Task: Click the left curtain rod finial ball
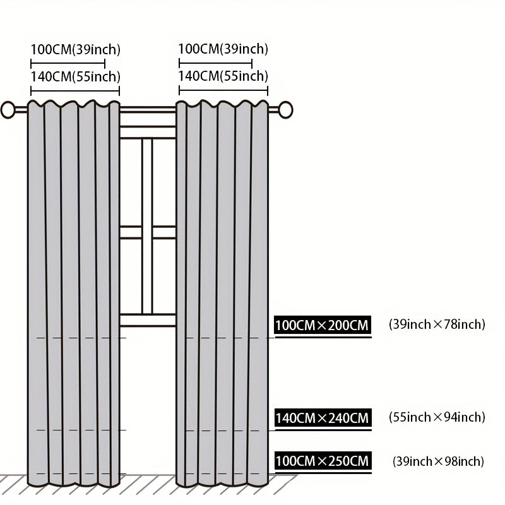(x=8, y=110)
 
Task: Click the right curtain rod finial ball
(x=285, y=110)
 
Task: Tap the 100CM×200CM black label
(x=323, y=325)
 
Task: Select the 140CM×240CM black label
(x=323, y=418)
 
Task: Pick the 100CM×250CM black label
(x=323, y=461)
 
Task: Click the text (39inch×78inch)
(x=437, y=324)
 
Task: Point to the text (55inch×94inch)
(x=437, y=417)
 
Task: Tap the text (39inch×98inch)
(x=438, y=461)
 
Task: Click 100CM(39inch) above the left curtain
(x=75, y=50)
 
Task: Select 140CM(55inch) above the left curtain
(x=75, y=76)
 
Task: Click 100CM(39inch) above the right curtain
(x=223, y=49)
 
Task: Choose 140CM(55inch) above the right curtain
(x=223, y=76)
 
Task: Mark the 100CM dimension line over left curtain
(x=68, y=64)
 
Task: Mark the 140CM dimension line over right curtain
(x=223, y=90)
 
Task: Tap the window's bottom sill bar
(x=148, y=321)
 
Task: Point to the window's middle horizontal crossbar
(x=148, y=232)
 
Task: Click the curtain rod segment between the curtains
(x=148, y=110)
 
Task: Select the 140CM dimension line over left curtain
(x=75, y=91)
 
